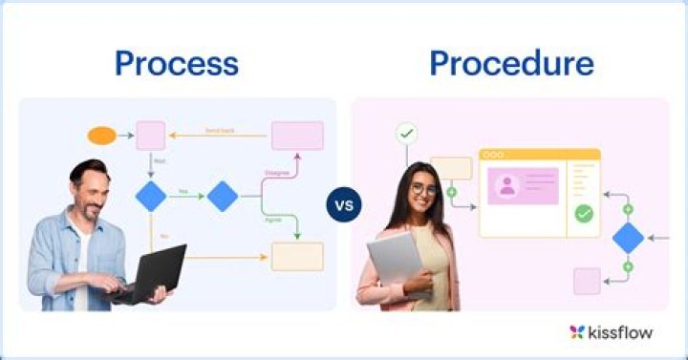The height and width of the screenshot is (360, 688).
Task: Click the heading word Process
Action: pyautogui.click(x=176, y=63)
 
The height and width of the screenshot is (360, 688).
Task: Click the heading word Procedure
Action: pyautogui.click(x=511, y=63)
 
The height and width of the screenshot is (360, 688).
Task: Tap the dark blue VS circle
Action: pyautogui.click(x=344, y=204)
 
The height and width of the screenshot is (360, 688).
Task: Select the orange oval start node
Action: pyautogui.click(x=102, y=136)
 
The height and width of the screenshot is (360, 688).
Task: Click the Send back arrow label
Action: pyautogui.click(x=220, y=129)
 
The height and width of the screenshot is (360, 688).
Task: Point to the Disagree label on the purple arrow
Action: pyautogui.click(x=277, y=173)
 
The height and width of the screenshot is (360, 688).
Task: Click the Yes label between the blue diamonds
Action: pyautogui.click(x=183, y=191)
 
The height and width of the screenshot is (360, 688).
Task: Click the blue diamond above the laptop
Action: pyautogui.click(x=151, y=196)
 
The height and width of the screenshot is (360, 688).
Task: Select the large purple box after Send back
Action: pyautogui.click(x=297, y=136)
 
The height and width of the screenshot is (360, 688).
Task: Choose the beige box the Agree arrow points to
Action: pyautogui.click(x=297, y=256)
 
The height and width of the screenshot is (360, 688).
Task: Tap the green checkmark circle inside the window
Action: pyautogui.click(x=584, y=214)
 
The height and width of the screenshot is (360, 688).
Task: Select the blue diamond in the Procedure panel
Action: pyautogui.click(x=628, y=237)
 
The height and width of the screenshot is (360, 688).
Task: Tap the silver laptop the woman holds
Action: pyautogui.click(x=394, y=262)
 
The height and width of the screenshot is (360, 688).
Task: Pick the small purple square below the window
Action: pyautogui.click(x=587, y=281)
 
